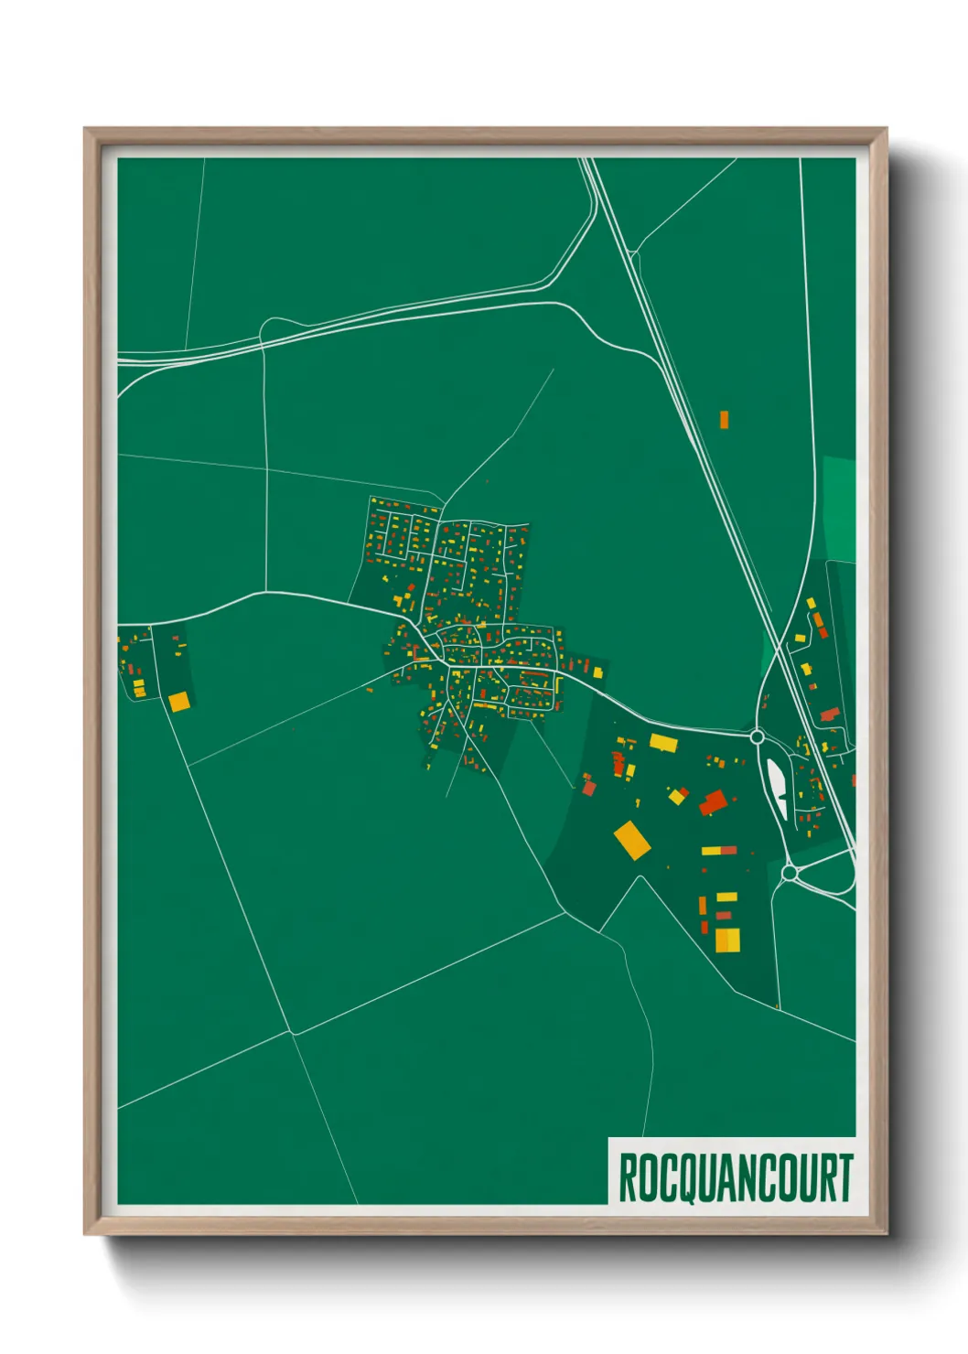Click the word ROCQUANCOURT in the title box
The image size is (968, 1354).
pyautogui.click(x=735, y=1177)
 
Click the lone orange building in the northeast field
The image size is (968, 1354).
pyautogui.click(x=724, y=420)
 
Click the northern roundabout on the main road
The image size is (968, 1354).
pyautogui.click(x=757, y=736)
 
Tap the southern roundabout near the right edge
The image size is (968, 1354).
pyautogui.click(x=790, y=874)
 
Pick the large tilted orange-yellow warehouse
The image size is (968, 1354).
pyautogui.click(x=631, y=840)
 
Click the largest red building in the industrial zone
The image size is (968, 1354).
pyautogui.click(x=713, y=803)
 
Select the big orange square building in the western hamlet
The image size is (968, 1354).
pyautogui.click(x=178, y=702)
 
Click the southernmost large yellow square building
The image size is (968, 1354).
pyautogui.click(x=727, y=940)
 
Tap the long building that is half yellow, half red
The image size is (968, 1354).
pyautogui.click(x=719, y=851)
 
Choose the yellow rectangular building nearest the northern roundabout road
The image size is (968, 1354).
pyautogui.click(x=663, y=742)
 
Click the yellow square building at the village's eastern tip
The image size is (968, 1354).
pyautogui.click(x=597, y=673)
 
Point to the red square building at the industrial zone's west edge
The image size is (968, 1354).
pyautogui.click(x=589, y=787)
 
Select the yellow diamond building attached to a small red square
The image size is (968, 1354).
pyautogui.click(x=677, y=796)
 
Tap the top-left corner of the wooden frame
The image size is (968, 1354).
pyautogui.click(x=85, y=130)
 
